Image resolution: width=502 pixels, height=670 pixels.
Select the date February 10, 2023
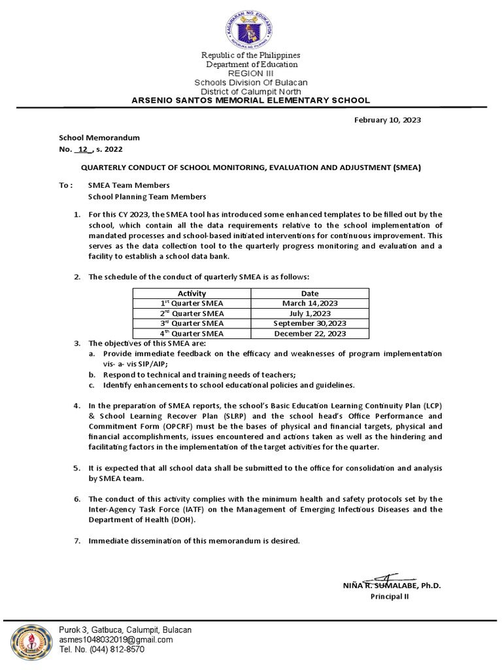click(387, 120)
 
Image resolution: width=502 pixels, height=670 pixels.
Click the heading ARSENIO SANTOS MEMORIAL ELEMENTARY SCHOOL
click(251, 100)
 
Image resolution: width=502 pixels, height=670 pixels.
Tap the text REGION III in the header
click(251, 74)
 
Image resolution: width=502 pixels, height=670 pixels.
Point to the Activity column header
click(192, 294)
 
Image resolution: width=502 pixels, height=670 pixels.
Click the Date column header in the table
click(310, 294)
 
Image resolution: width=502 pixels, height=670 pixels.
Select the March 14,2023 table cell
click(310, 304)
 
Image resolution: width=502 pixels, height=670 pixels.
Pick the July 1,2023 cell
click(310, 313)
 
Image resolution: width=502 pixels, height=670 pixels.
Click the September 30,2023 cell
click(310, 323)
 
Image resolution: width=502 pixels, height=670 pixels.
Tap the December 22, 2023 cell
click(310, 333)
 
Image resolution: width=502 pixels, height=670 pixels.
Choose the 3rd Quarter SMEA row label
click(192, 323)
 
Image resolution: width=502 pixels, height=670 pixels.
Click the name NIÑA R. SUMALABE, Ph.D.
click(391, 586)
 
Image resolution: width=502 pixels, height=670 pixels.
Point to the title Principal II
click(390, 597)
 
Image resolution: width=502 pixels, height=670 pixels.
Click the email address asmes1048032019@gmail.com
click(116, 640)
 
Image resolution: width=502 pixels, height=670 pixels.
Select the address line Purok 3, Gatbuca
click(125, 629)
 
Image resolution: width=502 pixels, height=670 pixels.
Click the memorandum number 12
click(83, 149)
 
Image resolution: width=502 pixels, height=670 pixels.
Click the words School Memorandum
click(99, 138)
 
